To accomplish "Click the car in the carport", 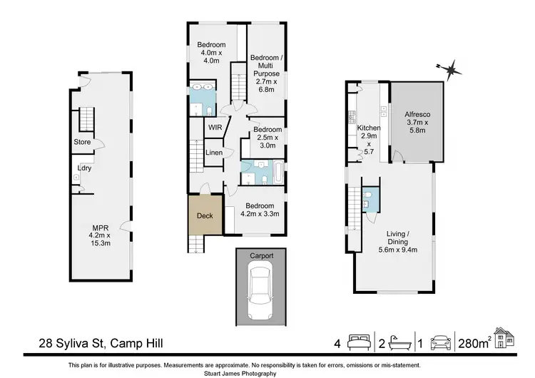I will [x=260, y=291].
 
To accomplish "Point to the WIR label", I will [x=215, y=128].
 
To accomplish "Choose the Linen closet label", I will [x=214, y=153].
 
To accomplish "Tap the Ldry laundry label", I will [x=83, y=168].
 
